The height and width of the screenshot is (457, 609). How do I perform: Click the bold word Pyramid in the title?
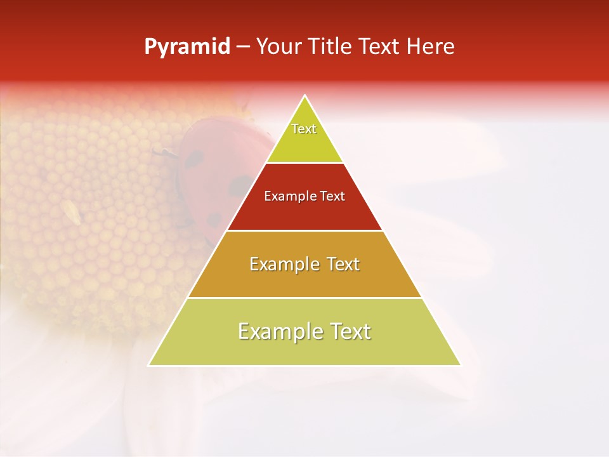187,46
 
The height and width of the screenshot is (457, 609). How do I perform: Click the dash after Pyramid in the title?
242,47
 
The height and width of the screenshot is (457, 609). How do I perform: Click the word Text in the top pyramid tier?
304,129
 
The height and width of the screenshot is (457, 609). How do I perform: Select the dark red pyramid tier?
304,213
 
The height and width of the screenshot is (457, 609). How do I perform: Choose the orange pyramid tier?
304,279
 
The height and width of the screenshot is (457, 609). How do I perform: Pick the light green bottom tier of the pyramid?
304,349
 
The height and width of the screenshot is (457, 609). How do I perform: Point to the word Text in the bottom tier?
350,331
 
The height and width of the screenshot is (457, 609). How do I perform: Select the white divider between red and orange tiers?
304,230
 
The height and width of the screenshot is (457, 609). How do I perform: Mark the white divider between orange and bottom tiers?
304,298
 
